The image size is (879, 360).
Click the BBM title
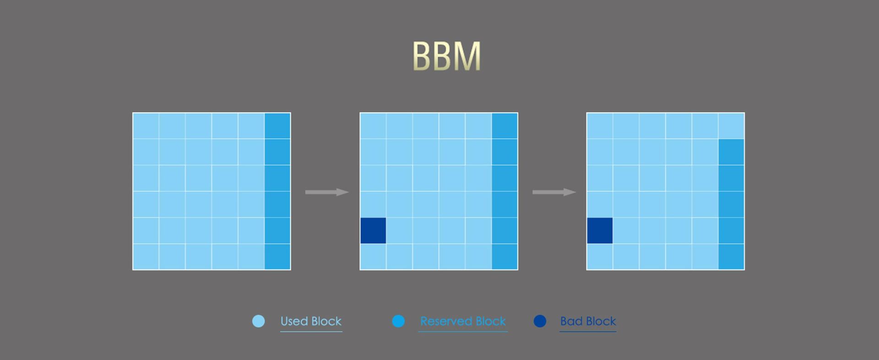[446, 56]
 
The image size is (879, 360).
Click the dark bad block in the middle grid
[373, 230]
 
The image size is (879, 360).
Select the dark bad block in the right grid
[600, 230]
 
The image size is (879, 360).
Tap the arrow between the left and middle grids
[327, 192]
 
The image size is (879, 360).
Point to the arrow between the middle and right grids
[554, 192]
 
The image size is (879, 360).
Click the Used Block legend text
[311, 321]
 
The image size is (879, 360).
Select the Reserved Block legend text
[463, 321]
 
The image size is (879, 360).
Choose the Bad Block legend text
[588, 321]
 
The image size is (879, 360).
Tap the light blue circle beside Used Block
[259, 321]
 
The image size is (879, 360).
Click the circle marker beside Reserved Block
[399, 321]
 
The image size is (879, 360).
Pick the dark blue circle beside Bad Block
[540, 321]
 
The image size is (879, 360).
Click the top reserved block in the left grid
[277, 126]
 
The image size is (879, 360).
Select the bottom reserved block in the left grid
[277, 256]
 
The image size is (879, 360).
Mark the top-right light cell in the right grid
[731, 126]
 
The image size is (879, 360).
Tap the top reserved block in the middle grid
[505, 126]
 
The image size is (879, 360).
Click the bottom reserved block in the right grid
[731, 256]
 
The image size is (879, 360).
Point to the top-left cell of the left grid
[146, 126]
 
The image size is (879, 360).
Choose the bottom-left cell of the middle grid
[373, 256]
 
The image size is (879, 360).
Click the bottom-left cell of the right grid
[600, 256]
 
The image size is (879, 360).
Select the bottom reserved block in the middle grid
[505, 256]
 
